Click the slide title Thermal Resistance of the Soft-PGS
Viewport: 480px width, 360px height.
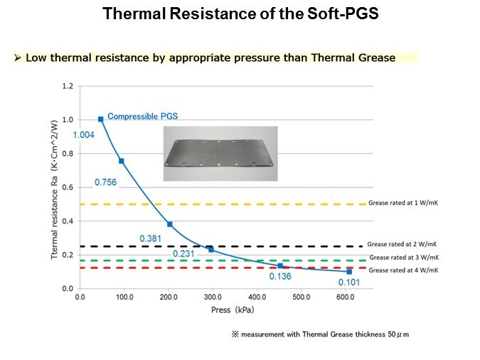click(240, 14)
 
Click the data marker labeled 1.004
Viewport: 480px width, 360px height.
click(101, 120)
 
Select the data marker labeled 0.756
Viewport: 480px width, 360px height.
click(122, 161)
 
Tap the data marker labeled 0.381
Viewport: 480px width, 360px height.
click(170, 224)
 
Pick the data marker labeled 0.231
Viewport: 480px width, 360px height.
click(211, 250)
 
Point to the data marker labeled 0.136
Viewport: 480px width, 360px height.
click(280, 265)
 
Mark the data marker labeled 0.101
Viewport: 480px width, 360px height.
click(349, 272)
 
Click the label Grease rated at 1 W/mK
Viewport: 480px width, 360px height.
click(402, 203)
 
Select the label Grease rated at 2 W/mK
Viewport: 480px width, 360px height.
click(402, 244)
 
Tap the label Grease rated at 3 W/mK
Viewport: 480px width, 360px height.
click(404, 258)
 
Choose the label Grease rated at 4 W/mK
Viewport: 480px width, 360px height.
click(404, 270)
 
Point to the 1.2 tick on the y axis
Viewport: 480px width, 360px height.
click(68, 86)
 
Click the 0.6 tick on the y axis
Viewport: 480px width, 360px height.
click(68, 187)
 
